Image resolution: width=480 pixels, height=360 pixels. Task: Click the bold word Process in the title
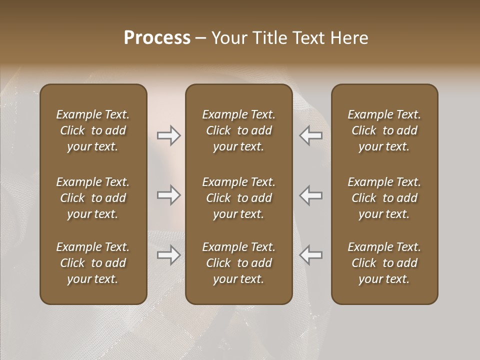click(157, 38)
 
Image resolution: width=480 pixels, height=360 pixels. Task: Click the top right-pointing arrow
click(169, 135)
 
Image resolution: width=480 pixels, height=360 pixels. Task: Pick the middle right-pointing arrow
click(169, 195)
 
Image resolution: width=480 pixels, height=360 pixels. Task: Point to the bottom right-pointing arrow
click(169, 255)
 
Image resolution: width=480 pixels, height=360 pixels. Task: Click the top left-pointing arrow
click(310, 135)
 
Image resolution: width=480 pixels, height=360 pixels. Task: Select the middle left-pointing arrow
click(310, 195)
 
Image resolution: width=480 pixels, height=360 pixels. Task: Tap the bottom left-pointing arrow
click(310, 255)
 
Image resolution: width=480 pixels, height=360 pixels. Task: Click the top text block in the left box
click(93, 130)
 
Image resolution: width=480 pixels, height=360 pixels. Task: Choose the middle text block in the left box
click(93, 198)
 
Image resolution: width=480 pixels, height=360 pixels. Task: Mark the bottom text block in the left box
click(93, 263)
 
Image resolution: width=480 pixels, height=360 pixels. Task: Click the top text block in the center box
click(238, 130)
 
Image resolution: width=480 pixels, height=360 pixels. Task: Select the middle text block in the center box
click(238, 198)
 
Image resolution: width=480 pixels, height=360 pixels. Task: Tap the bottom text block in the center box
click(238, 263)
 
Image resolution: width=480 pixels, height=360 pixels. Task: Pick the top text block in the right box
click(384, 130)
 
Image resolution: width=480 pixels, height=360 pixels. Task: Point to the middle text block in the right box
click(384, 198)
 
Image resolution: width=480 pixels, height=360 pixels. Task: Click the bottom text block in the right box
click(384, 263)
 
